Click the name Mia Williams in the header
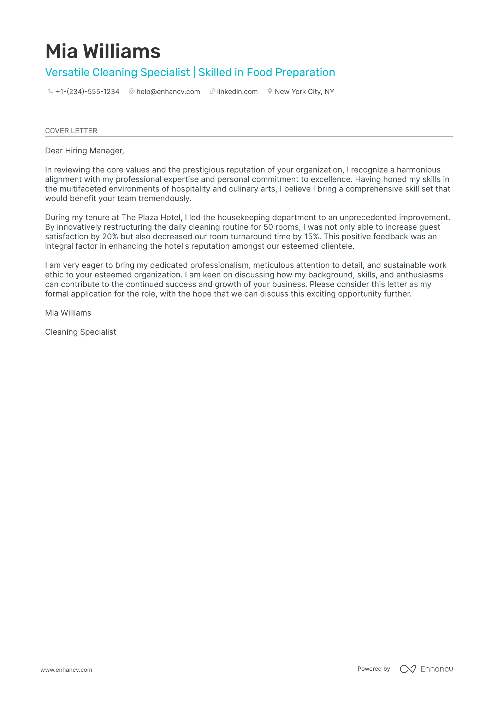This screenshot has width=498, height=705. tap(103, 51)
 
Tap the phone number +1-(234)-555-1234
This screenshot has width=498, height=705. tap(87, 92)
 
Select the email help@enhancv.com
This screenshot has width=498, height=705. tap(168, 92)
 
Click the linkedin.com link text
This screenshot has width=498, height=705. tap(237, 92)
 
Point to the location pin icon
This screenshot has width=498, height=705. tap(270, 91)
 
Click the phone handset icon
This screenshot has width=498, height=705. tap(51, 91)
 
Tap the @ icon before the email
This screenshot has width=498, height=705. tap(132, 91)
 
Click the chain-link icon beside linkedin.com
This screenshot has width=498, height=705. tap(212, 91)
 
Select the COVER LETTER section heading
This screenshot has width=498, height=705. tap(71, 131)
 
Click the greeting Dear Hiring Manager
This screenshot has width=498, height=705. tap(84, 151)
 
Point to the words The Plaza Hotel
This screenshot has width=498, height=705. tap(152, 217)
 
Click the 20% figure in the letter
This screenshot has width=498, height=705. tap(110, 236)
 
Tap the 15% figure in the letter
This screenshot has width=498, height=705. tap(312, 236)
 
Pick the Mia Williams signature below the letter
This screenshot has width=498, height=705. tap(68, 313)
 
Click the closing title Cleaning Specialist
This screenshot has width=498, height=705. tap(81, 332)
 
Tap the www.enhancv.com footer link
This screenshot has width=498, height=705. tap(66, 670)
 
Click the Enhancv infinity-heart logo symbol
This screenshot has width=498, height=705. tap(408, 669)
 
